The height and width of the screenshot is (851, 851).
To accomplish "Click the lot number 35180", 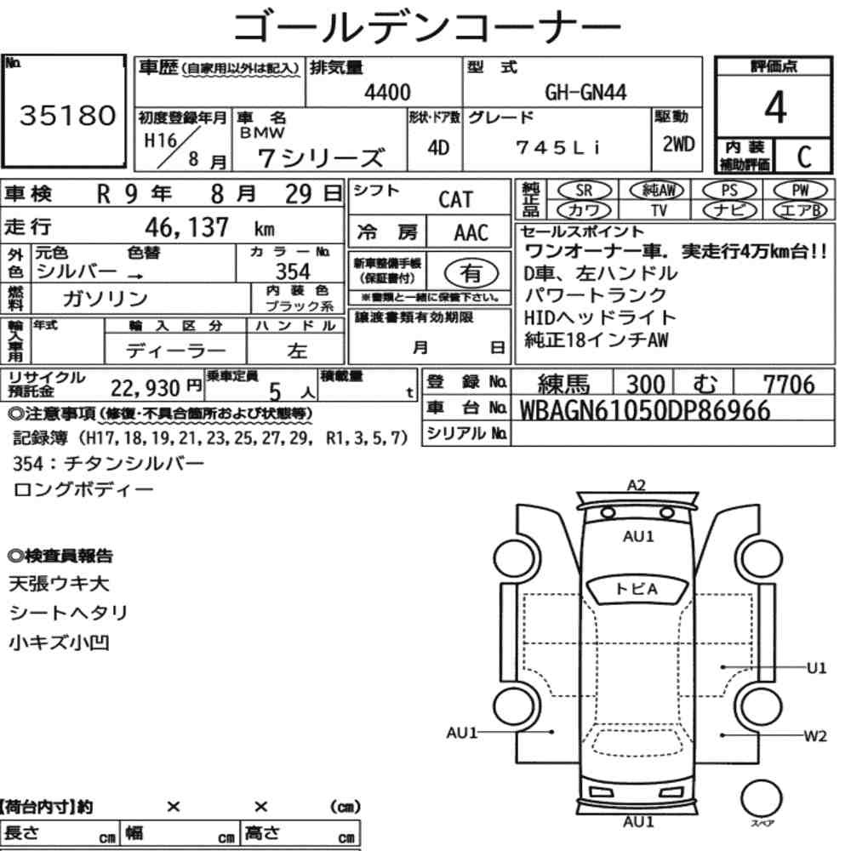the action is [68, 115].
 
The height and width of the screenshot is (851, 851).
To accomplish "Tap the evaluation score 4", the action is [775, 107].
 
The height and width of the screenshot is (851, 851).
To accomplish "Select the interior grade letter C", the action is [804, 157].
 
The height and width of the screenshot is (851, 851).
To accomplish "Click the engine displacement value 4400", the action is [387, 92].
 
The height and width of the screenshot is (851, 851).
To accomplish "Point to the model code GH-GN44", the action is [585, 92].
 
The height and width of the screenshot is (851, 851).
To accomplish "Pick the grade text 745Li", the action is [558, 147].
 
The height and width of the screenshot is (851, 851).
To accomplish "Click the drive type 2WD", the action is [678, 145].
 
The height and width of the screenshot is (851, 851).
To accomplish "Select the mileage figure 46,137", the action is [186, 227].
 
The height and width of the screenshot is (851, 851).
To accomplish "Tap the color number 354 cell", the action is [293, 271].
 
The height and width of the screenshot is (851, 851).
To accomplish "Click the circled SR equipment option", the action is [584, 191].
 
